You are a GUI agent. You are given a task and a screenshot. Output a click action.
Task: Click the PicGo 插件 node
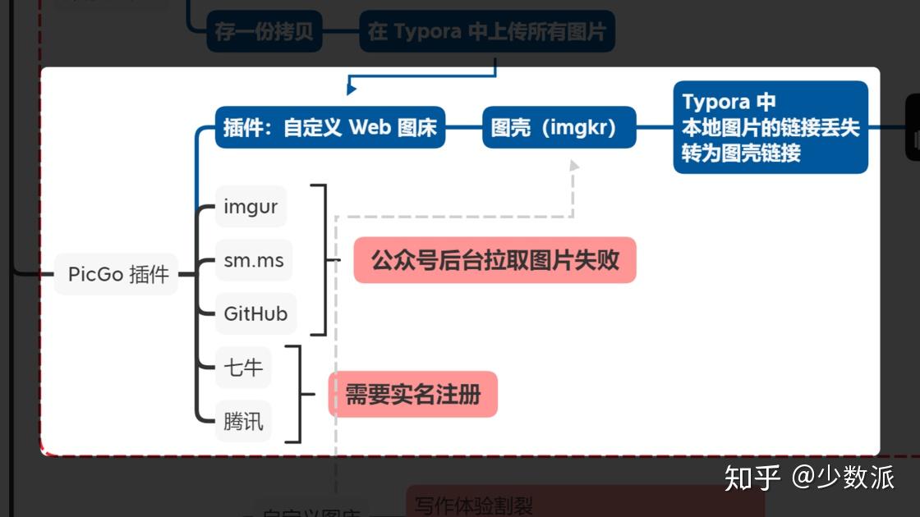(118, 274)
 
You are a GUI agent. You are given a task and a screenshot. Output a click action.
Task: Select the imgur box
(251, 208)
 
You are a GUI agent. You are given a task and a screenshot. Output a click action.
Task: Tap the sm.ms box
(254, 261)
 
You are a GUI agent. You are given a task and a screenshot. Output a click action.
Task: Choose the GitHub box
(255, 313)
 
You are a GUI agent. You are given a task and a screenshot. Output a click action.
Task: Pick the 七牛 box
(243, 368)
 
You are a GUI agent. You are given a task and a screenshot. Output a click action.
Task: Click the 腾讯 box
(243, 422)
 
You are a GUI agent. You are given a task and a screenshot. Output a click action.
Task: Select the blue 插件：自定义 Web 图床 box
(330, 128)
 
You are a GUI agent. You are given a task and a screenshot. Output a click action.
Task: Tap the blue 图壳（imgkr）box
(559, 128)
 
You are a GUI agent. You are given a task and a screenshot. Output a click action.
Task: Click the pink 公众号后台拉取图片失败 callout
(494, 261)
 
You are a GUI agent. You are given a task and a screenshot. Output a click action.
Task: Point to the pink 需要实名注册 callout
(412, 395)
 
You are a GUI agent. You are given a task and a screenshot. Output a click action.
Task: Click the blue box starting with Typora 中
(770, 127)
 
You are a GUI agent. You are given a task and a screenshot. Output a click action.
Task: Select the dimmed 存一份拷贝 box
(264, 32)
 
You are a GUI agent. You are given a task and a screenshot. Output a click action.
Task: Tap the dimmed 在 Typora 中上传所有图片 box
(486, 32)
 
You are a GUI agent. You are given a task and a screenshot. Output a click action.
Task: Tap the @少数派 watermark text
(844, 477)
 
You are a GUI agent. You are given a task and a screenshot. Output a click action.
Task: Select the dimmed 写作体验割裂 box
(474, 505)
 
